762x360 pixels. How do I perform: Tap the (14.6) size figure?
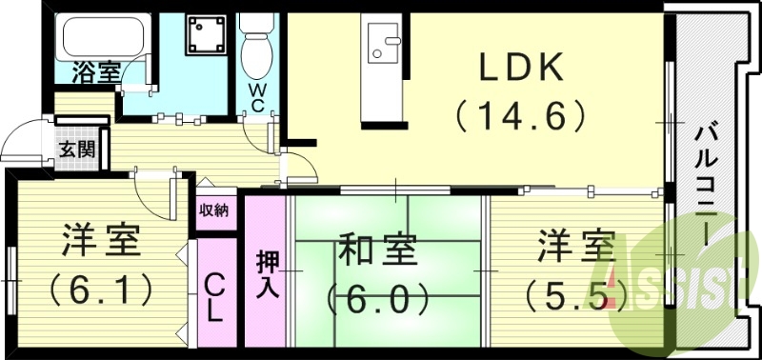519,115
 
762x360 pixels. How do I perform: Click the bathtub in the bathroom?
104,38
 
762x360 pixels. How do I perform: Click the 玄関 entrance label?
76,149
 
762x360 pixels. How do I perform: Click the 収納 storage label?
214,210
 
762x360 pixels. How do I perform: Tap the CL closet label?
215,295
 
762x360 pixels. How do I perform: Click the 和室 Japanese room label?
378,253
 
